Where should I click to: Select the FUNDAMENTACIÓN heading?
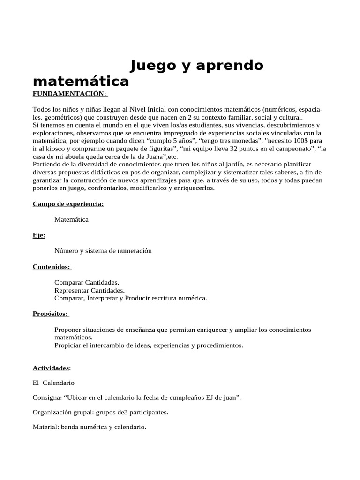click(x=69, y=94)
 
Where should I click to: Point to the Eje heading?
click(x=39, y=235)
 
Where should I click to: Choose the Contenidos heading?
click(x=51, y=267)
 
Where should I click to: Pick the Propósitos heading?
click(x=50, y=314)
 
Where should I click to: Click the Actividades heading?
click(x=51, y=368)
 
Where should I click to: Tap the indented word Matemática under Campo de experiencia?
click(x=71, y=219)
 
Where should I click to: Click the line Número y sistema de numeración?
click(x=103, y=251)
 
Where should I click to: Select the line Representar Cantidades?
click(x=90, y=290)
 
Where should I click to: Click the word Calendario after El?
click(x=59, y=382)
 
